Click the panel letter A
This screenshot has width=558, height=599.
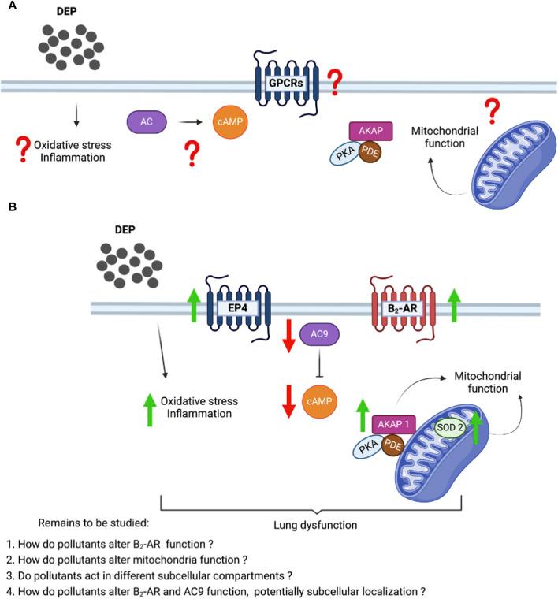(12, 6)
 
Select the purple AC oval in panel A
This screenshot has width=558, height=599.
(147, 122)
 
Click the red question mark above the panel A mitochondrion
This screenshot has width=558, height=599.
(494, 112)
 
